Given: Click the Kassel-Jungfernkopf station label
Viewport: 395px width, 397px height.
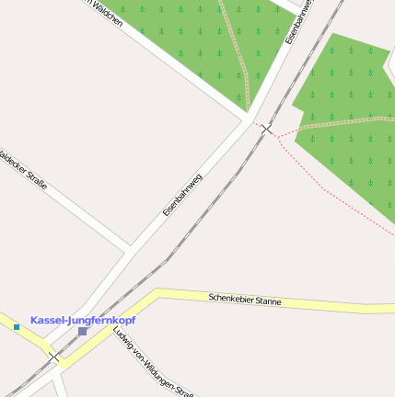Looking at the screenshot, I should (x=82, y=320).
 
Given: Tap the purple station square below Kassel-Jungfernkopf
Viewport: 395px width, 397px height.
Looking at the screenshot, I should (x=82, y=331).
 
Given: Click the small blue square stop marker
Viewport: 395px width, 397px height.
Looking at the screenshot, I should (x=17, y=326).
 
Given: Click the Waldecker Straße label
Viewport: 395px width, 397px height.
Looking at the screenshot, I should (x=22, y=170).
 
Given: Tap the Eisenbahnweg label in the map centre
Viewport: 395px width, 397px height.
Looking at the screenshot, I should (x=182, y=193).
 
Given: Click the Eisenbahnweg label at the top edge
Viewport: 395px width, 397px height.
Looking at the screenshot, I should (x=300, y=20).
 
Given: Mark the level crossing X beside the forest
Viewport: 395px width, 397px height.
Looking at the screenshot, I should (x=266, y=129).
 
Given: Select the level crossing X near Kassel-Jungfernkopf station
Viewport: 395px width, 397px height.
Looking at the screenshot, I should (x=54, y=357).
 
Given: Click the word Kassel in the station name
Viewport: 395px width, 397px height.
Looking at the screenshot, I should (x=48, y=320).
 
